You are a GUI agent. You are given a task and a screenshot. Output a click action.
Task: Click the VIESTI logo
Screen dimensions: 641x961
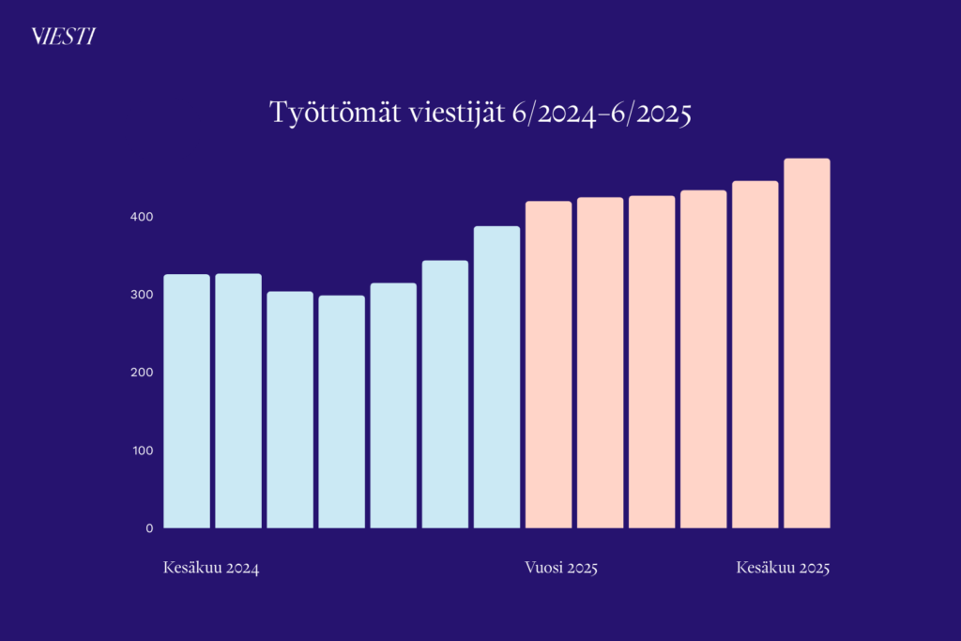click(x=63, y=37)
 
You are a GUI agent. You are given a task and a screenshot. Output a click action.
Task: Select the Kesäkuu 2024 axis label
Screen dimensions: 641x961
click(x=211, y=569)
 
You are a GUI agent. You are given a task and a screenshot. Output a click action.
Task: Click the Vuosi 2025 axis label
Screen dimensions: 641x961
click(x=561, y=569)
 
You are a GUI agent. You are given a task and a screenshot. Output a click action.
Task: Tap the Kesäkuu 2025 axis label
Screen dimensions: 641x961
click(x=784, y=569)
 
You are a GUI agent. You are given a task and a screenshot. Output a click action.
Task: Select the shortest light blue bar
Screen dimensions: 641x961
click(x=342, y=412)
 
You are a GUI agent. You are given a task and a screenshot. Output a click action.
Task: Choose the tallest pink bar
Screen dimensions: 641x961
click(x=807, y=343)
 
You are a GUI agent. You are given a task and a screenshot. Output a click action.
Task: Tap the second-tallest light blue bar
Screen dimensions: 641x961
click(x=445, y=394)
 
